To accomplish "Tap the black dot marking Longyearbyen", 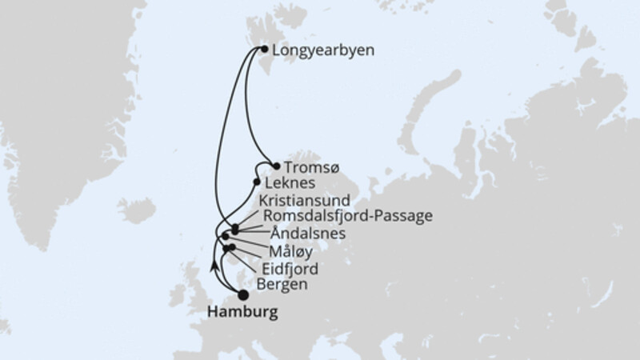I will click(265, 49).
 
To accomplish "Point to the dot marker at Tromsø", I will click(276, 166).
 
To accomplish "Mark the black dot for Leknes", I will click(257, 182).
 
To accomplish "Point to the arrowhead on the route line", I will click(213, 265).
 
